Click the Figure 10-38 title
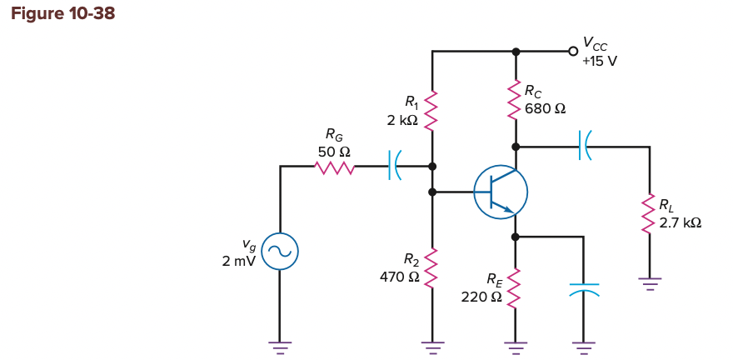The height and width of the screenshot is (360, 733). pos(63,13)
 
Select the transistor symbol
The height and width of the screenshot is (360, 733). pos(500,192)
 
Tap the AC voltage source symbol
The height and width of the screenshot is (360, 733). pos(279,250)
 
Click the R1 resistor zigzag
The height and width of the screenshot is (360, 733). pos(431,111)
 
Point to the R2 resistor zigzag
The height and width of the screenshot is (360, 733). pos(431,268)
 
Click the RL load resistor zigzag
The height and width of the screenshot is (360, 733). pos(650,215)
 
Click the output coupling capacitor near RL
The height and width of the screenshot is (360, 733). pos(585,147)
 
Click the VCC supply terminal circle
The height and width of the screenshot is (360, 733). pos(572,52)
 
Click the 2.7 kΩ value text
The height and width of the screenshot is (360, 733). pos(680,222)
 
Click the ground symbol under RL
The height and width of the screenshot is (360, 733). pos(650,282)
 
